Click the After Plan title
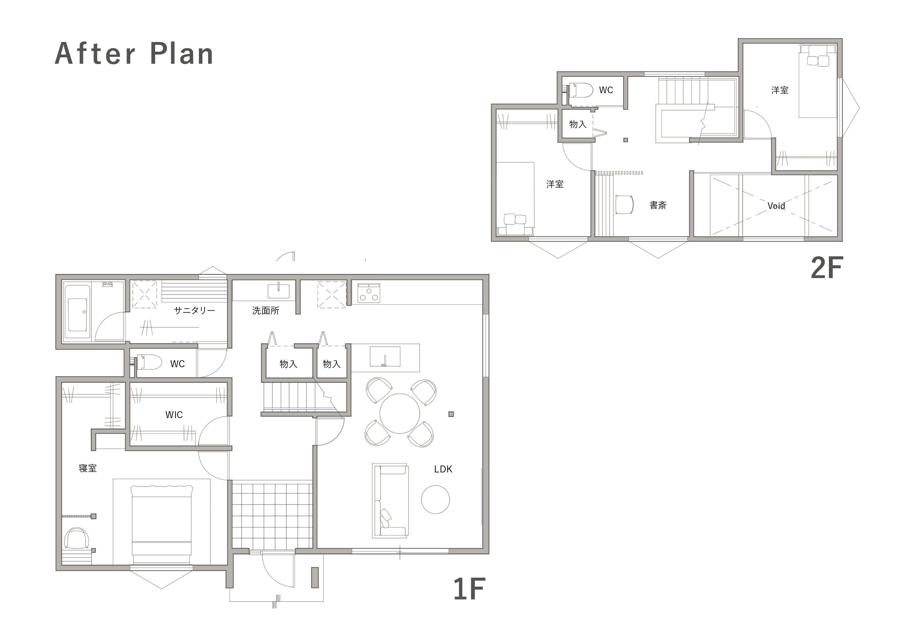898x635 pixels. [134, 54]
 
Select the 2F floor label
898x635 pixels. [827, 268]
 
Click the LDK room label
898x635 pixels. [443, 469]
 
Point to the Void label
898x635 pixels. [776, 206]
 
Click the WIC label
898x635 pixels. [174, 415]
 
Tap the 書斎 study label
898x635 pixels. [658, 205]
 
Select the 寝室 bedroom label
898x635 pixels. [88, 468]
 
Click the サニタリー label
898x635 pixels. [194, 310]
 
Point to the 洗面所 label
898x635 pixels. [266, 310]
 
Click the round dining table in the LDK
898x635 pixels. [400, 414]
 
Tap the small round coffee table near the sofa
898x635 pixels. [435, 500]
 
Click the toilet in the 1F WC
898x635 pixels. [149, 362]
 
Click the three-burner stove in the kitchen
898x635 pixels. [369, 293]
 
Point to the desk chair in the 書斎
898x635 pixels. [625, 204]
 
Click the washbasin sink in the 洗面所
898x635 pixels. [279, 291]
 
